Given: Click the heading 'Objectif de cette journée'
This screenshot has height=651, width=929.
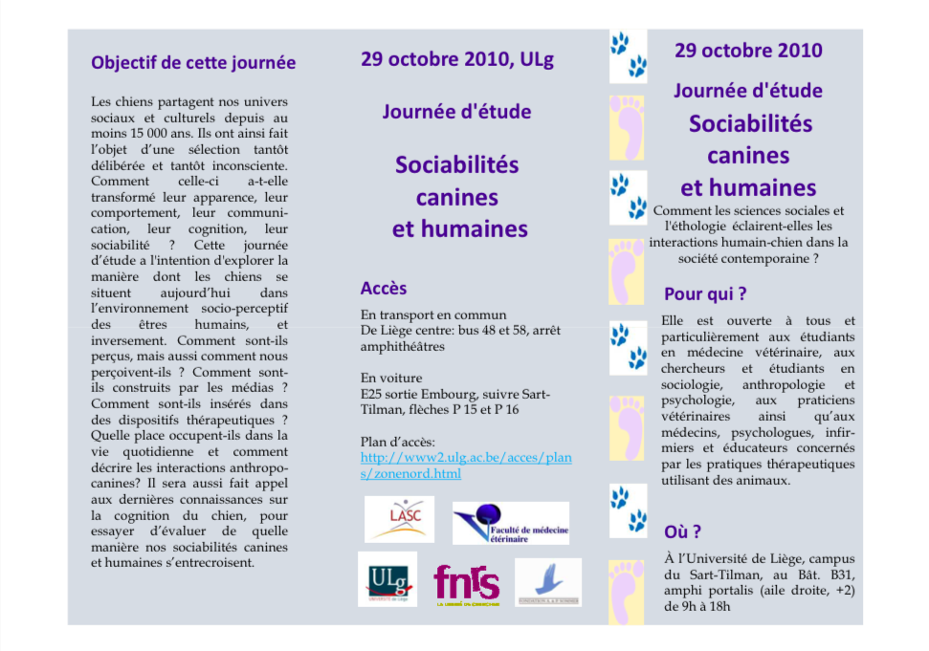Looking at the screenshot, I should point(193,63).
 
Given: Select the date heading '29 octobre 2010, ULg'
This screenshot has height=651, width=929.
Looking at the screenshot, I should point(456,59).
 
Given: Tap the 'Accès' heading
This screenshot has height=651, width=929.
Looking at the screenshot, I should point(384,288).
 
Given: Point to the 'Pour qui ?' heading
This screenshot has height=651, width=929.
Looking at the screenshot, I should point(705,293).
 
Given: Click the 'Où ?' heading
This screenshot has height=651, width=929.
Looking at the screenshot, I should point(682,532).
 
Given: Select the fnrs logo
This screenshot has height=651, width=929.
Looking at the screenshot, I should point(466,582).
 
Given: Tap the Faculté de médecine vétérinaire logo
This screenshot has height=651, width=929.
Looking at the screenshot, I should point(510,523).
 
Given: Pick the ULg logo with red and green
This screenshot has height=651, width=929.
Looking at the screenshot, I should point(387,579).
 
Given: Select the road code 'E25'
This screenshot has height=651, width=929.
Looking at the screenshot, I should point(372,394).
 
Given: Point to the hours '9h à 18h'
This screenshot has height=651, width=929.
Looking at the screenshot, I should point(701,605).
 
